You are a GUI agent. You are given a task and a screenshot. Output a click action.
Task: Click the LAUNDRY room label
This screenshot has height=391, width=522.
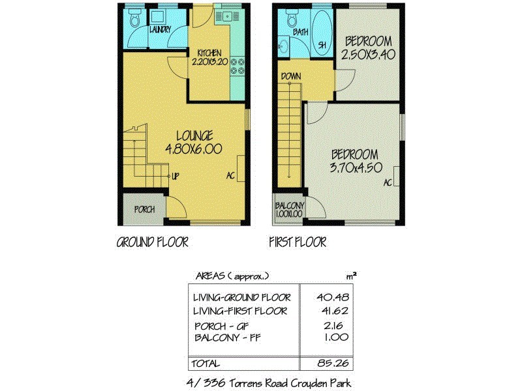click(160, 30)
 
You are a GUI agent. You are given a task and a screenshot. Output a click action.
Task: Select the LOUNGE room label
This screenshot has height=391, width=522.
click(194, 136)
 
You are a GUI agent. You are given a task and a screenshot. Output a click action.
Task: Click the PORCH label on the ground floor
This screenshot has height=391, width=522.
click(144, 209)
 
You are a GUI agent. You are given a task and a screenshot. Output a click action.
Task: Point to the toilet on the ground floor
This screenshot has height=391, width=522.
click(135, 21)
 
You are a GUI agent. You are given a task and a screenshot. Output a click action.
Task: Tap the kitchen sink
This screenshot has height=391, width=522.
click(228, 16)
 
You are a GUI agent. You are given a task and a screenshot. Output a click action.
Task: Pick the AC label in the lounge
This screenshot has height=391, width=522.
click(230, 175)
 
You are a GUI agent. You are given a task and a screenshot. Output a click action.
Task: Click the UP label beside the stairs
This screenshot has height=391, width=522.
click(176, 175)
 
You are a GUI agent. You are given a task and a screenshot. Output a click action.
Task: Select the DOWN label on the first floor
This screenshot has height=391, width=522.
click(290, 76)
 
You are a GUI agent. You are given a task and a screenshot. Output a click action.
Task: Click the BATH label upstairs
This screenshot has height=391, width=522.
click(300, 31)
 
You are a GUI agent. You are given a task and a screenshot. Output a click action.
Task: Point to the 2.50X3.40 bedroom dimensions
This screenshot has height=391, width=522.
click(369, 55)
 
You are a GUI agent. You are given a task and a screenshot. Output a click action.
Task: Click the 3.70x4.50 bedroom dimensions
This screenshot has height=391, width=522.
click(354, 167)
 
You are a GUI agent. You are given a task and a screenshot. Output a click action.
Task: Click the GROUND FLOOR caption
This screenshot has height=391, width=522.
click(152, 242)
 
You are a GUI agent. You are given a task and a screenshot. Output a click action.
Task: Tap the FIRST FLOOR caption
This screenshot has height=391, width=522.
click(298, 242)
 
